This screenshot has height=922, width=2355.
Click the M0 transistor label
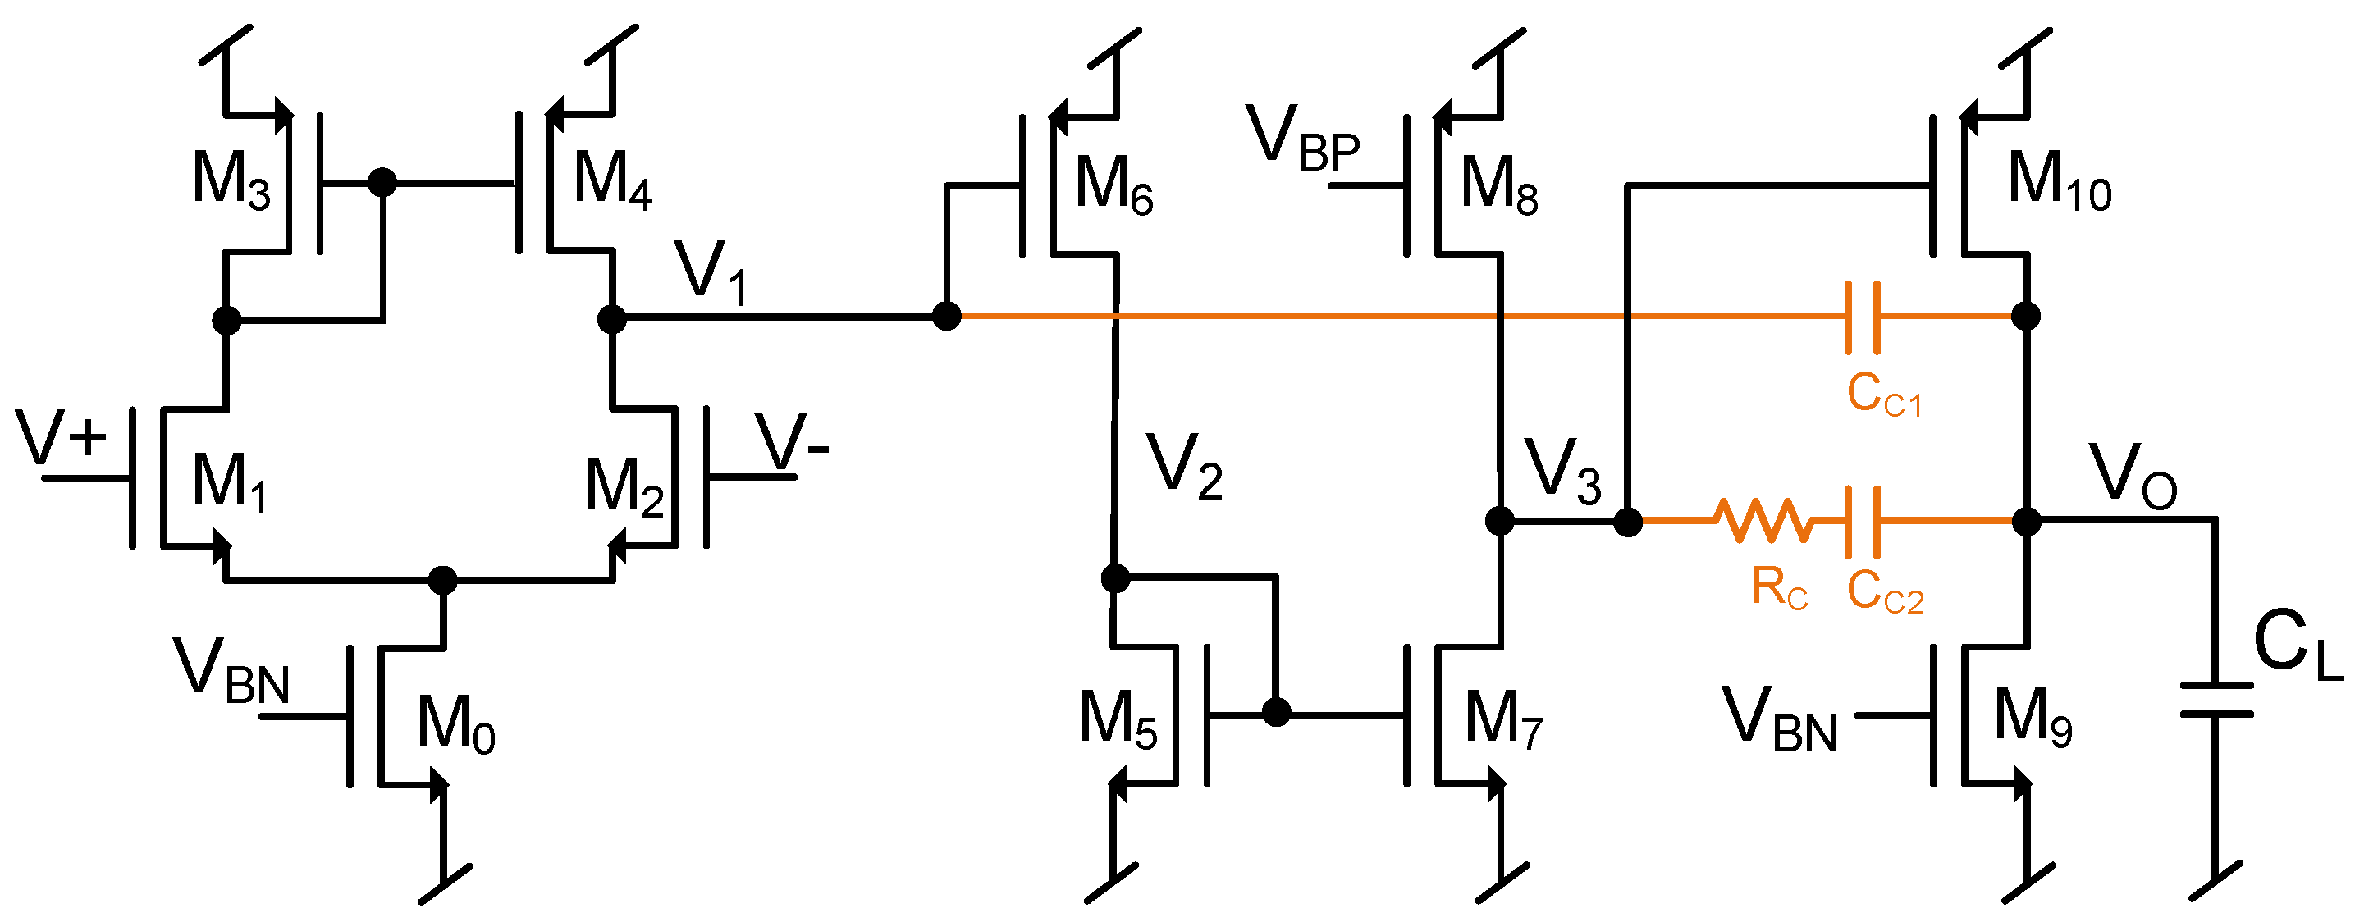coord(455,724)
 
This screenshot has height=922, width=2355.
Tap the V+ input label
coord(62,439)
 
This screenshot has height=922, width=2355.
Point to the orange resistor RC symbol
coord(1763,521)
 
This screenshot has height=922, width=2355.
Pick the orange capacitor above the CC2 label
coord(1862,521)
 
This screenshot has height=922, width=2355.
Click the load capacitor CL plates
coord(2216,699)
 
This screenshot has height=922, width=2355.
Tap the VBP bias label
coord(1302,139)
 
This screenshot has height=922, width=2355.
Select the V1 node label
coord(711,272)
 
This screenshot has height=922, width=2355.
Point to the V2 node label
coord(1185,467)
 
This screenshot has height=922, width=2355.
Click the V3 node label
coord(1563,472)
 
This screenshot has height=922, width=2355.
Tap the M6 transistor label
coord(1113,186)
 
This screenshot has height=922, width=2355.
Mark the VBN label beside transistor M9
coord(1778,722)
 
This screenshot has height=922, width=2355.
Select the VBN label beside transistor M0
coord(231,672)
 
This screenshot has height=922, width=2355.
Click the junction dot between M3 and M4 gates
coord(382,182)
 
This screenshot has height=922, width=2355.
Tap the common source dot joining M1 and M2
coord(442,580)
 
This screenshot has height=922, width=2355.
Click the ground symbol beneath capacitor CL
coord(2216,882)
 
